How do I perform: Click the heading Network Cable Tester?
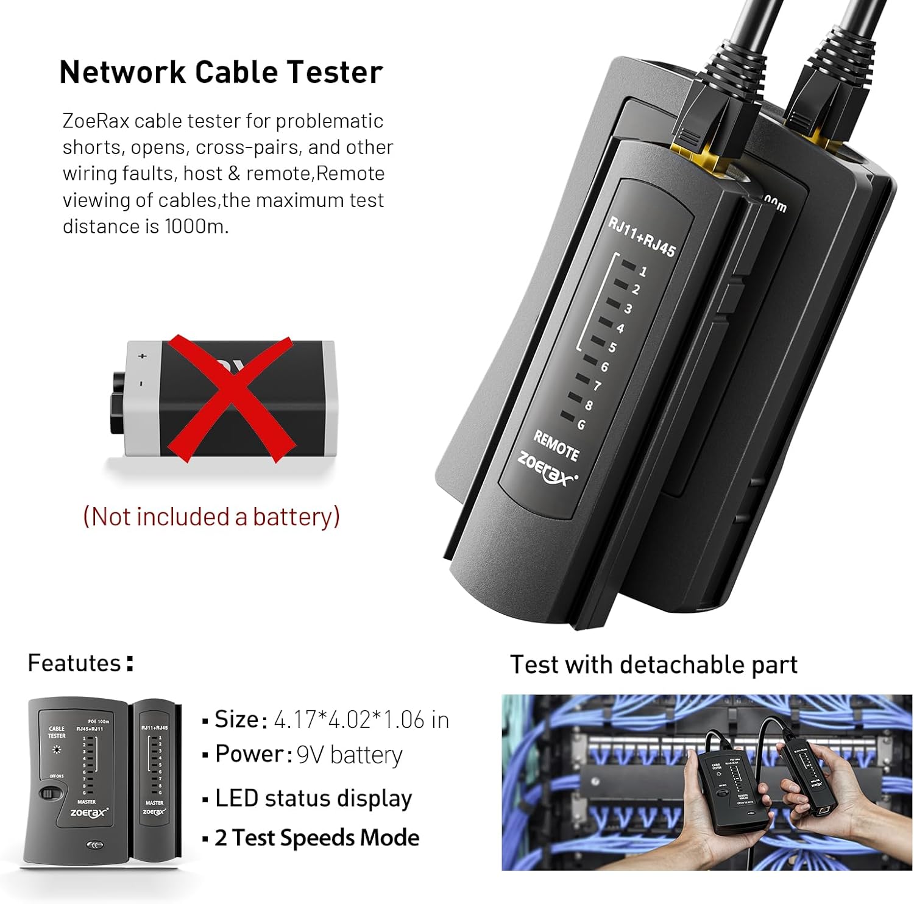pos(221,72)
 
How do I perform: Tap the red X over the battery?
pos(230,398)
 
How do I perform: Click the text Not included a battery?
pos(211,517)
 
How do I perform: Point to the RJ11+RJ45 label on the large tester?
pos(642,236)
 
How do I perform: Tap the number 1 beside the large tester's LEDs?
pos(643,272)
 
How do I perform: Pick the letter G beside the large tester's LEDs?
pos(581,424)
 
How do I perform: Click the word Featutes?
pos(74,663)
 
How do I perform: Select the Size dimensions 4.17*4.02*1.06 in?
pos(361,720)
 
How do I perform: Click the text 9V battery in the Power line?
pos(349,755)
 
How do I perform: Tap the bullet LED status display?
pos(313,798)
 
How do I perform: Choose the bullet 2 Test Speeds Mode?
pos(316,838)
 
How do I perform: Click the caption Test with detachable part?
pos(653,665)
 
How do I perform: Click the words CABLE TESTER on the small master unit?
pos(57,732)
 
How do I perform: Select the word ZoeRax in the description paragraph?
pos(96,121)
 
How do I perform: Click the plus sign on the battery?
pos(143,356)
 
